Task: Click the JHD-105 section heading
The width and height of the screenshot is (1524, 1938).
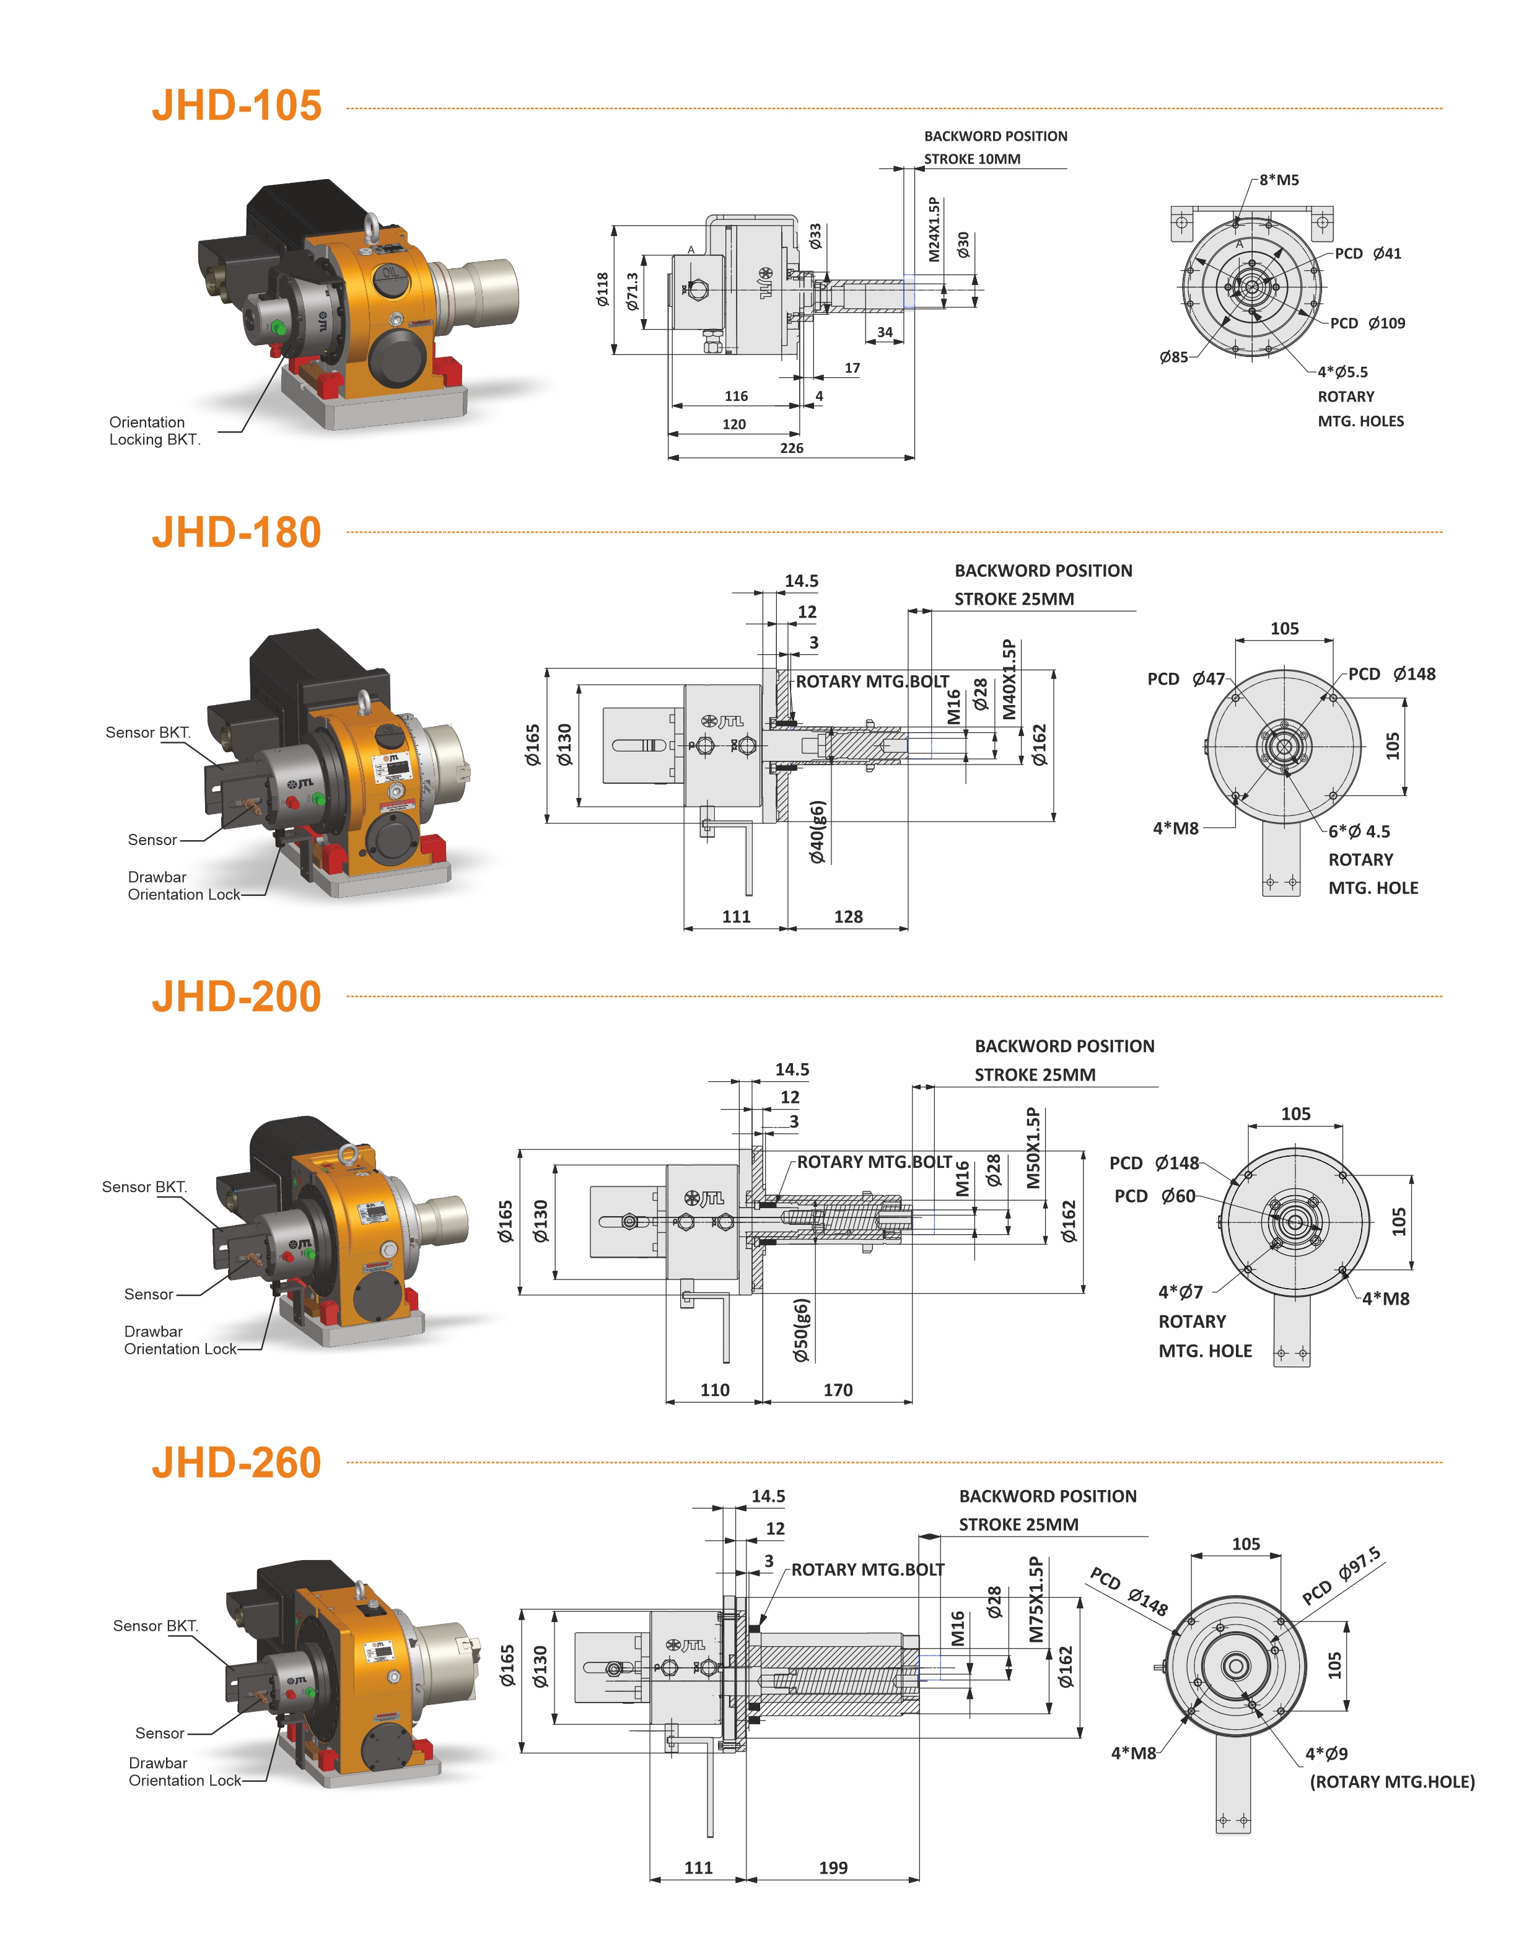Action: (x=237, y=105)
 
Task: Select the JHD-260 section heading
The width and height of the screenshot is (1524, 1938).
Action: (x=237, y=1462)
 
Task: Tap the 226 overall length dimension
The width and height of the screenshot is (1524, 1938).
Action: (x=792, y=448)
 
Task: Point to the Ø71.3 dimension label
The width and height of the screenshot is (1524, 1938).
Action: (x=633, y=292)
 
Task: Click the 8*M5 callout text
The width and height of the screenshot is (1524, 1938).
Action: (x=1279, y=180)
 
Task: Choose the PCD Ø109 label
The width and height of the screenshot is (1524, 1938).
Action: (x=1367, y=323)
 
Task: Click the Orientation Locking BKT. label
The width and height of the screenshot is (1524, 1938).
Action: (x=154, y=431)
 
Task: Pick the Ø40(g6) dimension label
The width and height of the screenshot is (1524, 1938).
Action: (x=817, y=831)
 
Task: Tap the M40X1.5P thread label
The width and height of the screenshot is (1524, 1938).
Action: (x=1009, y=679)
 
